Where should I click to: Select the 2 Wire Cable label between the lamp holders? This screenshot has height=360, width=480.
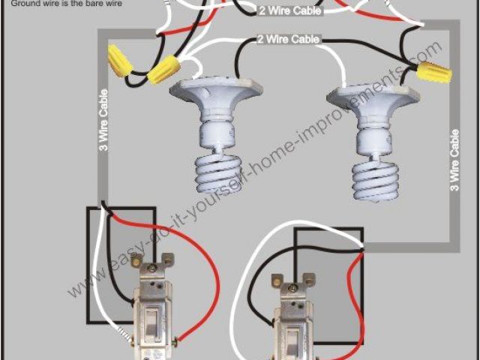click(288, 39)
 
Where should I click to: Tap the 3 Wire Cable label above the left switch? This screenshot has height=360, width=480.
click(103, 120)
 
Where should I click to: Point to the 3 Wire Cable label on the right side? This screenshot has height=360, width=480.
click(454, 160)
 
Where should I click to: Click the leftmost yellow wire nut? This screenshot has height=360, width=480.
click(119, 61)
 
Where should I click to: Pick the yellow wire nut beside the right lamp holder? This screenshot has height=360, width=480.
click(434, 72)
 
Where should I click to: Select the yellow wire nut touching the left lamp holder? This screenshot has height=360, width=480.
click(163, 69)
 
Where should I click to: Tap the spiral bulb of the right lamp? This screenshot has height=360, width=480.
click(375, 181)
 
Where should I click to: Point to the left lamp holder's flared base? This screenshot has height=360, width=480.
click(216, 91)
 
